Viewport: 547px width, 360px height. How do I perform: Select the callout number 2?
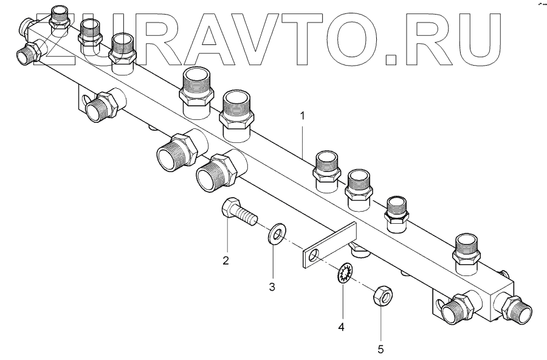pyautogui.click(x=225, y=261)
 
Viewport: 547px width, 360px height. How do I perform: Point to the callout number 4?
pyautogui.click(x=342, y=327)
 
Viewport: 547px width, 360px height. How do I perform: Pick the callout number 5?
pyautogui.click(x=381, y=349)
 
